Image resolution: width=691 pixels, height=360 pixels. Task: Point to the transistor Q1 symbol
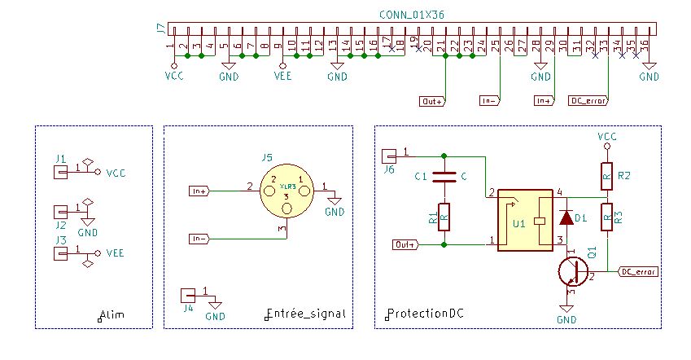click(575, 271)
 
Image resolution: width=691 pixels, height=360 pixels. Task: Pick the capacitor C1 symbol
click(444, 175)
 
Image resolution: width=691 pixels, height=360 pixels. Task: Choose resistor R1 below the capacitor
click(444, 217)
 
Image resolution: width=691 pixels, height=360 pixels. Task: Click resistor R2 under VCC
click(606, 173)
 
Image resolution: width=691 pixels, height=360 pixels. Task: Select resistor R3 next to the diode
click(606, 217)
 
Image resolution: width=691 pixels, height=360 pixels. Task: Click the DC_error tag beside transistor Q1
click(639, 271)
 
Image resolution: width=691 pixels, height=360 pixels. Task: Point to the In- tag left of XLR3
click(199, 239)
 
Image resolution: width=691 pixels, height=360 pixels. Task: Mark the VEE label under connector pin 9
click(283, 77)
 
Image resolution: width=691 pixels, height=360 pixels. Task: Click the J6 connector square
click(388, 155)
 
